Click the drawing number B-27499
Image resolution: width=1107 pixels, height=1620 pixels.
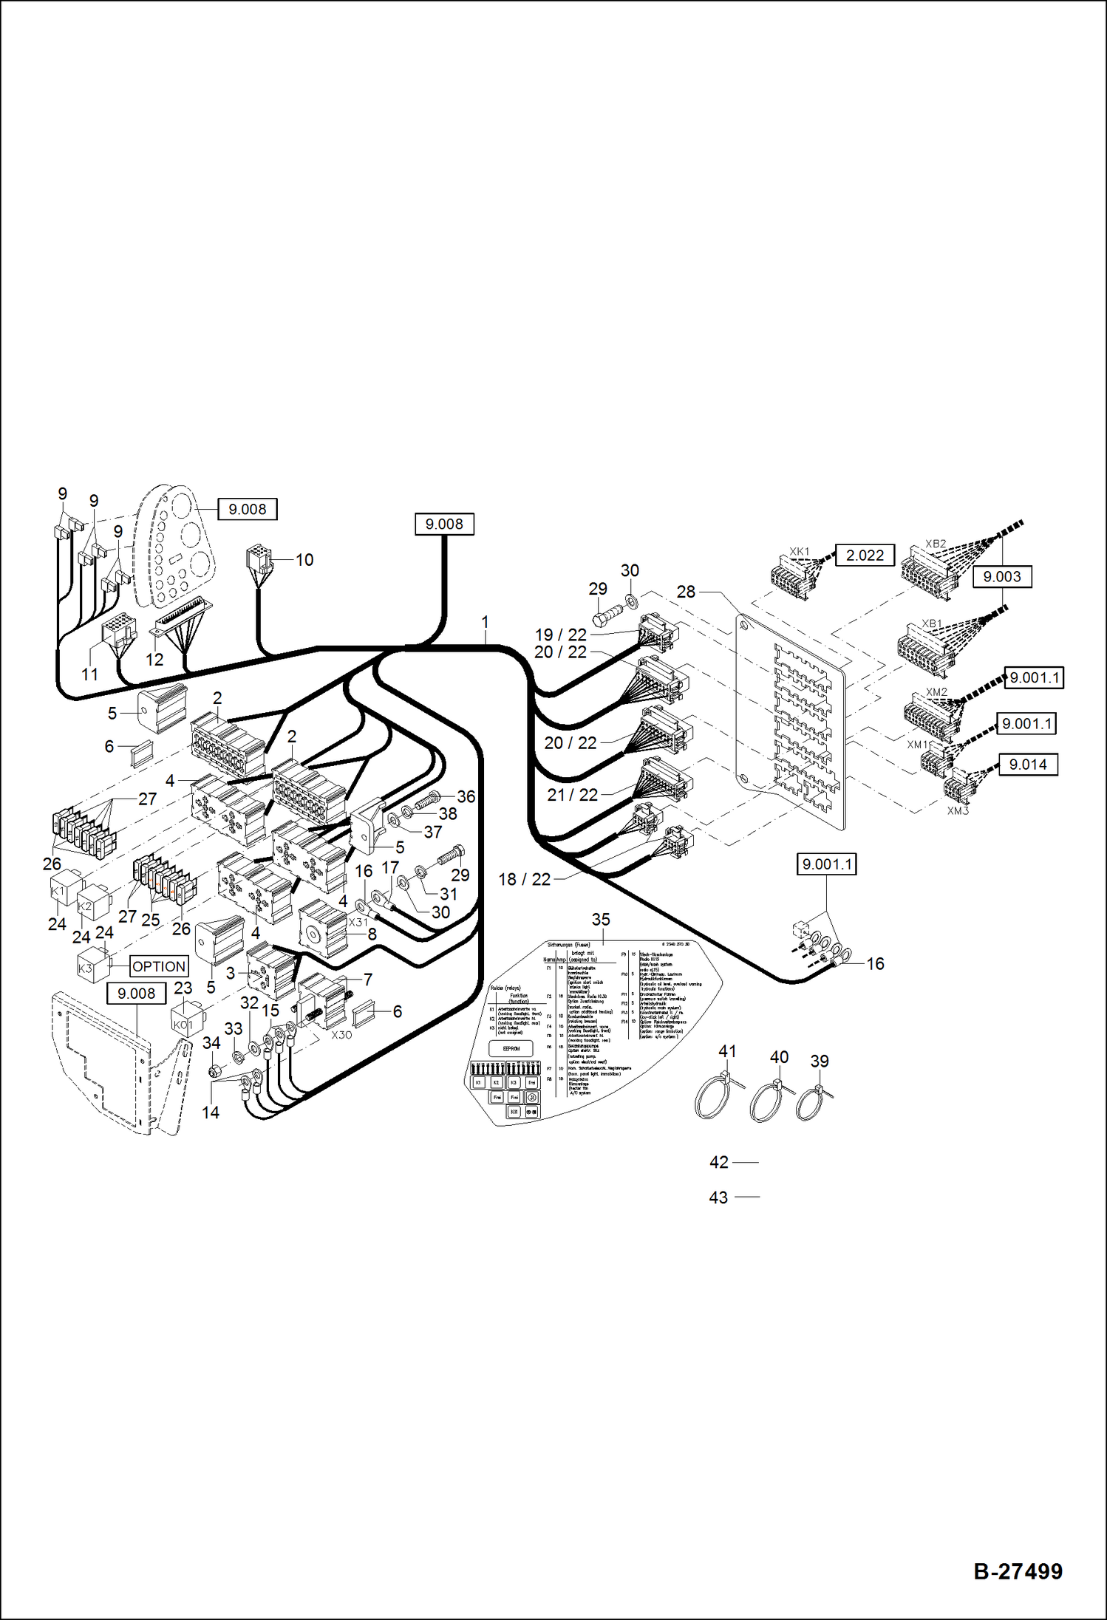point(1018,1571)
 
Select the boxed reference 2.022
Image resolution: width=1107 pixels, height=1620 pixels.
point(865,555)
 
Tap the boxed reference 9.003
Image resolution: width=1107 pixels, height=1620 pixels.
point(1002,576)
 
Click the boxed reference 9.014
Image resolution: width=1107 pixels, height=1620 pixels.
point(1028,765)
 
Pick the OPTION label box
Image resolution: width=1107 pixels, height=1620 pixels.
point(159,966)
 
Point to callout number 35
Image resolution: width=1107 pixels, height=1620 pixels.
point(601,920)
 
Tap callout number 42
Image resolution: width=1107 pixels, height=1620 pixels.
point(719,1162)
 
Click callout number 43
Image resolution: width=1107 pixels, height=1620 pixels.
point(718,1197)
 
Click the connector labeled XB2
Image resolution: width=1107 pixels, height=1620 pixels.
point(930,570)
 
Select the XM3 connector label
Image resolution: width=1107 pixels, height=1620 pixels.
point(958,811)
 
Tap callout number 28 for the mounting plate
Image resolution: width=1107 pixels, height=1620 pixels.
point(686,592)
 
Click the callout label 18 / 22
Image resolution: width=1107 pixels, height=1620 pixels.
point(525,879)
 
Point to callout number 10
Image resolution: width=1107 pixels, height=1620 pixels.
point(304,560)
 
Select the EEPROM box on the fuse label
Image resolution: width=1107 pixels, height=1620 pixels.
point(511,1048)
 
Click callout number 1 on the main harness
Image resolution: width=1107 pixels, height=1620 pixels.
point(485,622)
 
